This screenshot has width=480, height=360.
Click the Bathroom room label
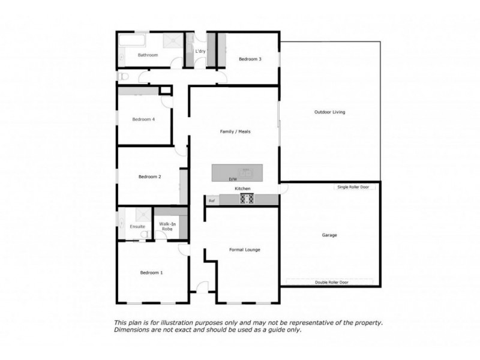148,55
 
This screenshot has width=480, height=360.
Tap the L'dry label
200,52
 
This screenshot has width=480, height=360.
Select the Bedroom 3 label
250,59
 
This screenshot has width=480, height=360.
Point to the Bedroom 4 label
143,119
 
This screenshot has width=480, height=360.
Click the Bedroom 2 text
150,176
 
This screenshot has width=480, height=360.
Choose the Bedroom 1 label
151,272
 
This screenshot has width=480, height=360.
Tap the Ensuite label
137,226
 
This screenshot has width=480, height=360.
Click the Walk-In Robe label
167,226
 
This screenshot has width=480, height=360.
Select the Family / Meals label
236,131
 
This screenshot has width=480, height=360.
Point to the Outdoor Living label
330,112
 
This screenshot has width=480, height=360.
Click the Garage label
329,235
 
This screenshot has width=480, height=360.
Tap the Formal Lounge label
245,250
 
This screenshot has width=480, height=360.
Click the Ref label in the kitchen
212,200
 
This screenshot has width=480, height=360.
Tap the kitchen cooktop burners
247,199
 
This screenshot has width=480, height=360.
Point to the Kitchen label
242,189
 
